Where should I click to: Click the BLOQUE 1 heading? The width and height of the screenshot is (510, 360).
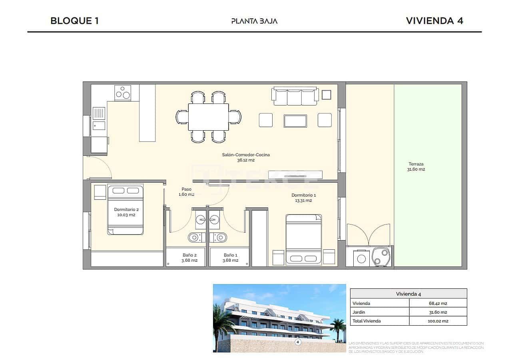[74, 21]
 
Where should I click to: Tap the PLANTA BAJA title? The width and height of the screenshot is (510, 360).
[254, 21]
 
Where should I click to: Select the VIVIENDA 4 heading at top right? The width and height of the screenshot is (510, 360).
[434, 21]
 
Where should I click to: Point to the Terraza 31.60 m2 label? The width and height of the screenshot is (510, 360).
[416, 167]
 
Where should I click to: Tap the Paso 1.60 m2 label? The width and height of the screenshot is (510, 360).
[186, 192]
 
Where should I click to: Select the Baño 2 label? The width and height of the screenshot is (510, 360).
[189, 258]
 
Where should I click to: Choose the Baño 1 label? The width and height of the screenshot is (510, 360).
[231, 258]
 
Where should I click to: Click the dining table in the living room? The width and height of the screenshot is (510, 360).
[208, 117]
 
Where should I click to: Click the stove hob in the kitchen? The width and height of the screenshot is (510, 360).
[123, 93]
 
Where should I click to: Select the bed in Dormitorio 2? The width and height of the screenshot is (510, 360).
[125, 210]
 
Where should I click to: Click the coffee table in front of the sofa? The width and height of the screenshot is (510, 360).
[295, 121]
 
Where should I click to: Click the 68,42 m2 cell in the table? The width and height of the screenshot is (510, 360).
[438, 303]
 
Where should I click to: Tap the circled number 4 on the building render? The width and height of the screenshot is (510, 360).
[297, 342]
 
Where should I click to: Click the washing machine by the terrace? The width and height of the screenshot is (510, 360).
[361, 259]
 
